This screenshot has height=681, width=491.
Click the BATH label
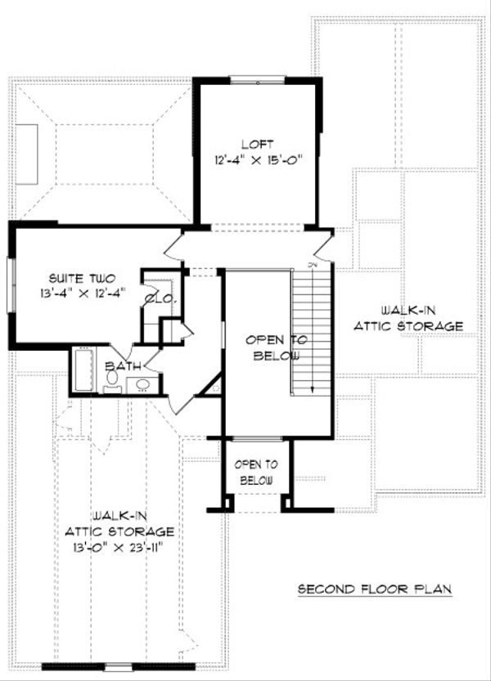point(123,365)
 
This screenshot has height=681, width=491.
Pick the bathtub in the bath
point(84,370)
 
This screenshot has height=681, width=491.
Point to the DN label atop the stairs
point(312,264)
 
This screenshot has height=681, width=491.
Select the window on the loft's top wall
point(256,81)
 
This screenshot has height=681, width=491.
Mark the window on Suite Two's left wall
point(11,285)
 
